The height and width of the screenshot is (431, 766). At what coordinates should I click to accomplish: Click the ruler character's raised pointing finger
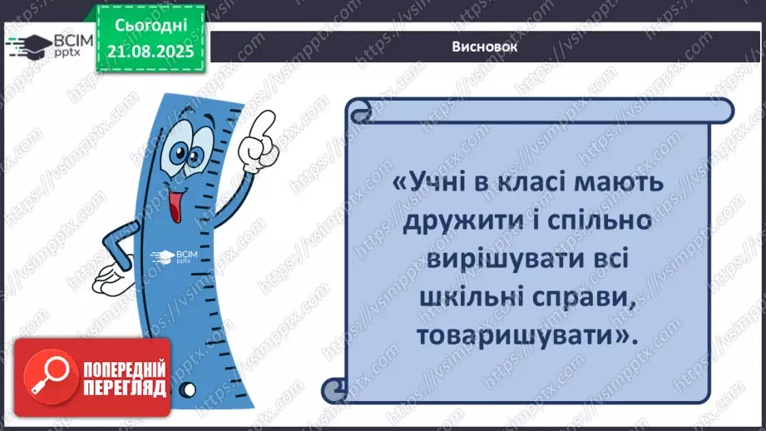[x=265, y=126]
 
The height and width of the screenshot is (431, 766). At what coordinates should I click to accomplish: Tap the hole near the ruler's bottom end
[x=190, y=389]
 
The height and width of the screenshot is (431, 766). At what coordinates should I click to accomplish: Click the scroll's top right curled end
[x=722, y=109]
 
